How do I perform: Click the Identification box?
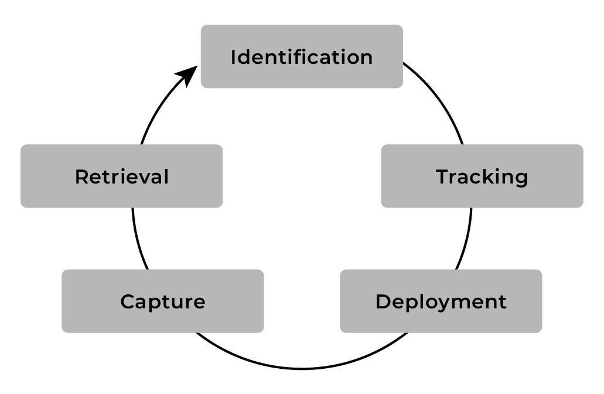[x=302, y=57]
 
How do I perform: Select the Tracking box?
[x=482, y=176]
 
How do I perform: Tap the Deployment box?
[x=441, y=301]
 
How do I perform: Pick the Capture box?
[x=162, y=301]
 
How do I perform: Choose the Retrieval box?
[x=121, y=176]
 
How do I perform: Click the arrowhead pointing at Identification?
[x=189, y=76]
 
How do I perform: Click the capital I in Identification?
[x=234, y=57]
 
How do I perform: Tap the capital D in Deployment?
[x=383, y=302]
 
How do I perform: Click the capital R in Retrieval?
[x=81, y=176]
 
